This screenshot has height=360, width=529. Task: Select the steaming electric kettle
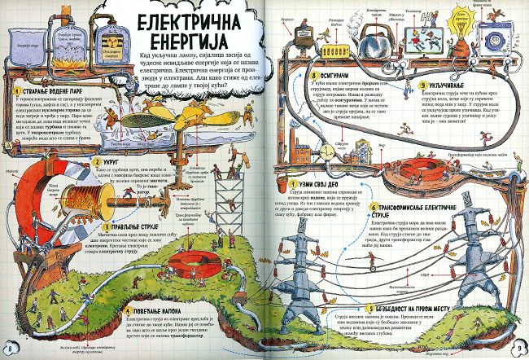[376, 36]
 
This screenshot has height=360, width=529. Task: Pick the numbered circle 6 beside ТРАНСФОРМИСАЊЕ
[374, 208]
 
